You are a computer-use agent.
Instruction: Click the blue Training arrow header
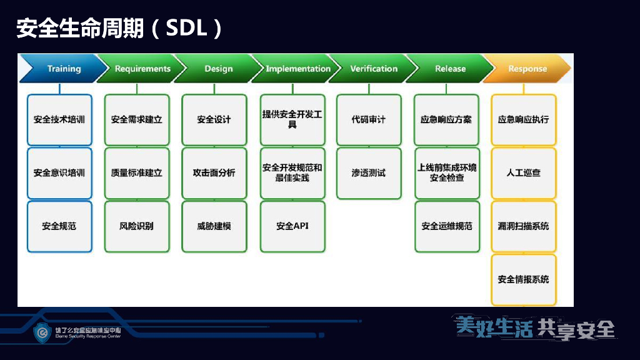point(62,69)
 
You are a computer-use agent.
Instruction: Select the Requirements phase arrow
point(142,69)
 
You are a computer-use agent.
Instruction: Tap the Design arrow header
point(218,69)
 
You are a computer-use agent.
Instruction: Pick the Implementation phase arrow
point(297,69)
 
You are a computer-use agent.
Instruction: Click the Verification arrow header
point(373,69)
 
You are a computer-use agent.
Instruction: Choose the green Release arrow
point(450,69)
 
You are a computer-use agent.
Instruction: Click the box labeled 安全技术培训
point(59,119)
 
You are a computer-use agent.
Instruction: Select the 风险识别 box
point(137,226)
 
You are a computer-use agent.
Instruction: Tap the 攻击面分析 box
point(214,173)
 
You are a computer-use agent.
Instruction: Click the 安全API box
point(292,226)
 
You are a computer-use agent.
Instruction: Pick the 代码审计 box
point(369,119)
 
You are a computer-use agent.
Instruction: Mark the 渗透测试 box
point(369,173)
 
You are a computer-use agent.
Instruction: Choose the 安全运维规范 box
point(447,226)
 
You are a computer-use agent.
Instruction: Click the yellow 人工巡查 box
point(524,173)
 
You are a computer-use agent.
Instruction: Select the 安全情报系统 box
point(524,279)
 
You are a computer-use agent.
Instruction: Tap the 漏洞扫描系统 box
point(524,226)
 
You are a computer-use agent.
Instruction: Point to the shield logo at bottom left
point(42,332)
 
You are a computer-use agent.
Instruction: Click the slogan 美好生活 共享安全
point(535,328)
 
